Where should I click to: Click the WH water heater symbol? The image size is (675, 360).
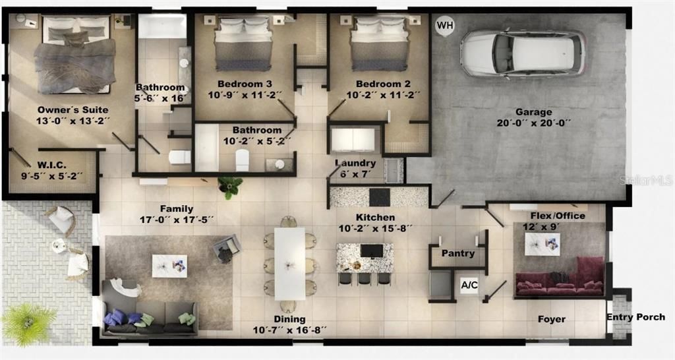tap(445, 26)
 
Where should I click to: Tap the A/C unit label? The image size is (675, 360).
tap(469, 285)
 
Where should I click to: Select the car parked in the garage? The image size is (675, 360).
tap(522, 52)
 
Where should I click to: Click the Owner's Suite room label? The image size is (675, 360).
tap(73, 109)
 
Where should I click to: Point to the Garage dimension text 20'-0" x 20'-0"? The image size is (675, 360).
tap(533, 123)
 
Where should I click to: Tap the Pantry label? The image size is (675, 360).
tap(458, 253)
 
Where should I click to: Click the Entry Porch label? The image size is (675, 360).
tap(636, 317)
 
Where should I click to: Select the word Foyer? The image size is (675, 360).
tap(551, 319)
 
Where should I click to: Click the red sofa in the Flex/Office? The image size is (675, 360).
tap(560, 281)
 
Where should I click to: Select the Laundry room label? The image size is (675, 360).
tap(355, 163)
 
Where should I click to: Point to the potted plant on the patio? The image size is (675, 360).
tap(28, 323)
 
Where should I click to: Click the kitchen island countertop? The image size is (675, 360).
tap(365, 258)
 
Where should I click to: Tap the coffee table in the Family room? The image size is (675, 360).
tap(169, 266)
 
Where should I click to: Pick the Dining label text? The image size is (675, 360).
tap(289, 319)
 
